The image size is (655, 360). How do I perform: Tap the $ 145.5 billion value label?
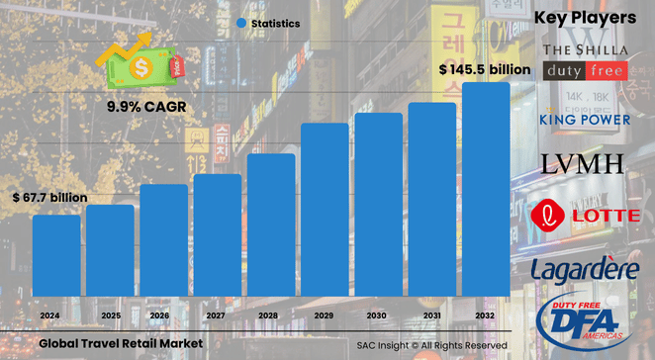(484, 69)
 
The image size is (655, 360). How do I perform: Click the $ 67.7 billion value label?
(50, 198)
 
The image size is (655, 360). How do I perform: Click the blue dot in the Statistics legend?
(241, 22)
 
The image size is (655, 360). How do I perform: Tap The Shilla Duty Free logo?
(584, 60)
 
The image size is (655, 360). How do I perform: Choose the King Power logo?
(584, 120)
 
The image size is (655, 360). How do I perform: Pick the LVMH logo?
(585, 163)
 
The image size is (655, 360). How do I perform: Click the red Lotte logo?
(581, 216)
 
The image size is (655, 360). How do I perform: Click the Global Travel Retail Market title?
(121, 342)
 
